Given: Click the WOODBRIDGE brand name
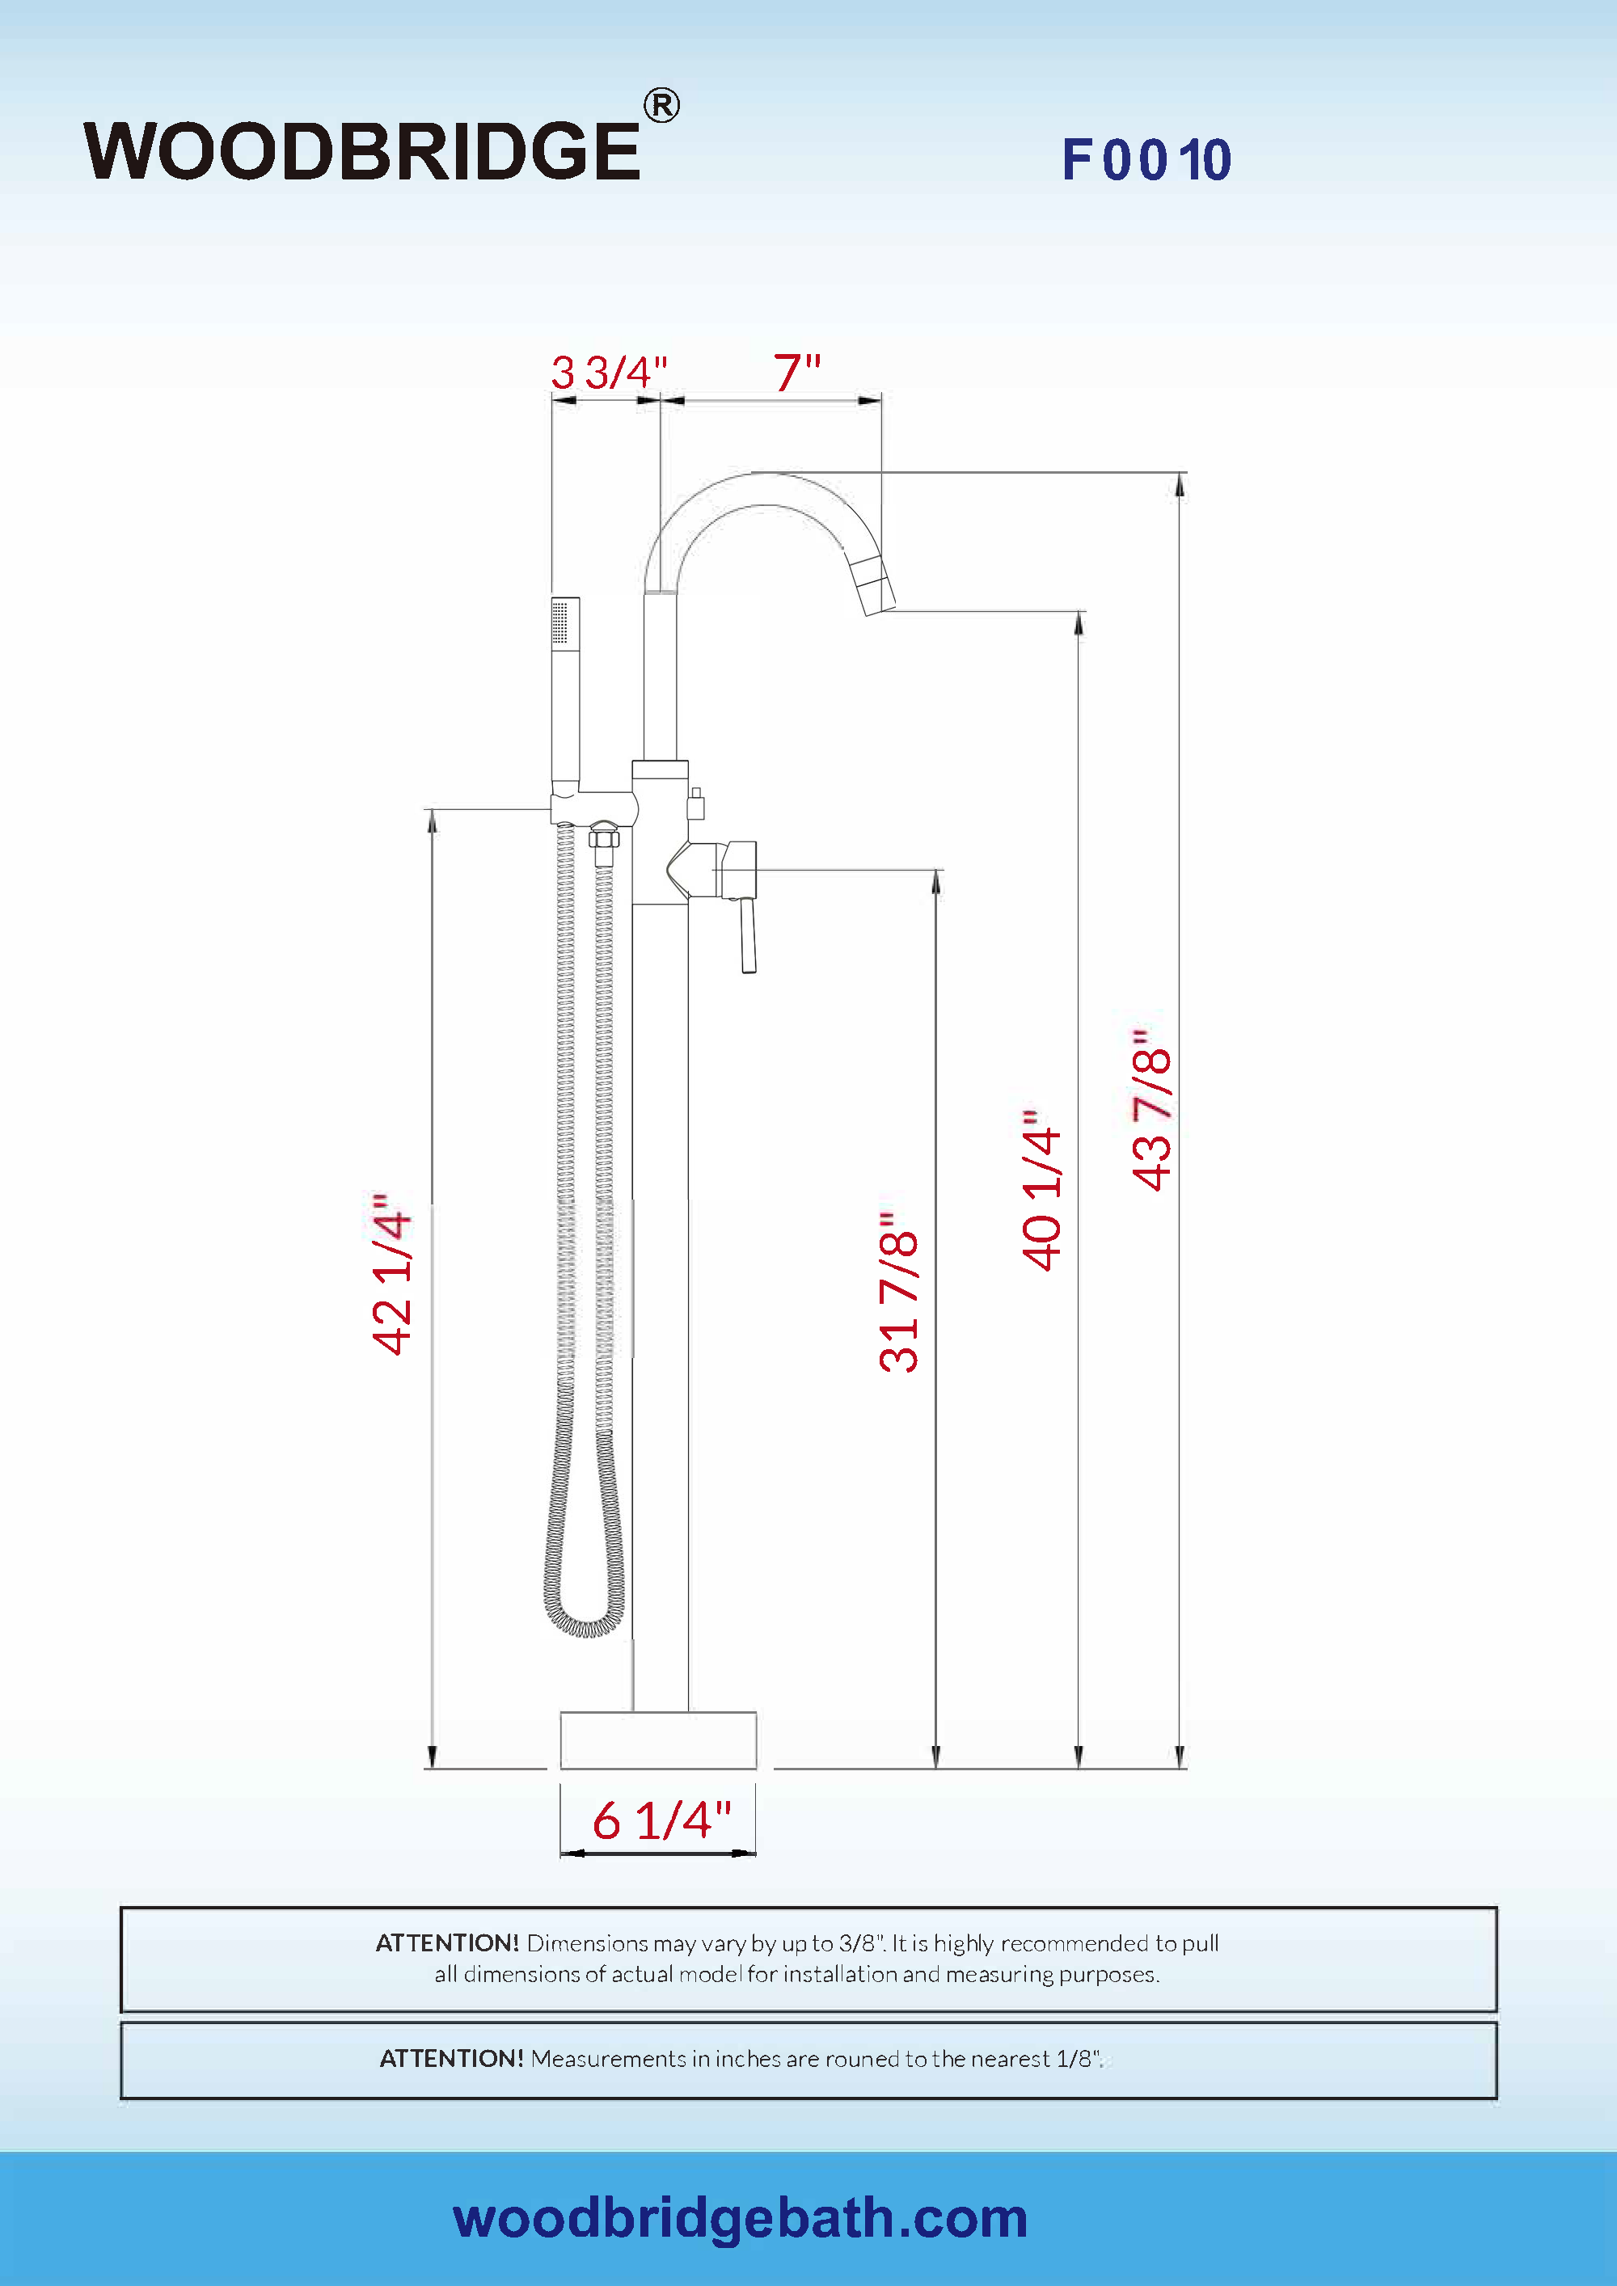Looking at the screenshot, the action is (361, 151).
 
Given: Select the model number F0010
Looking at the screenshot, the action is (1147, 159).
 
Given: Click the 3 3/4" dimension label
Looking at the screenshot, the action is (610, 373).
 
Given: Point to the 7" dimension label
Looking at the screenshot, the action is (797, 373).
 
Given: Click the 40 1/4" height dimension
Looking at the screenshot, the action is (1042, 1190).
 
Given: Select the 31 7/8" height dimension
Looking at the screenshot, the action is (899, 1293).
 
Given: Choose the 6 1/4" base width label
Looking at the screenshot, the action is (662, 1820).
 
